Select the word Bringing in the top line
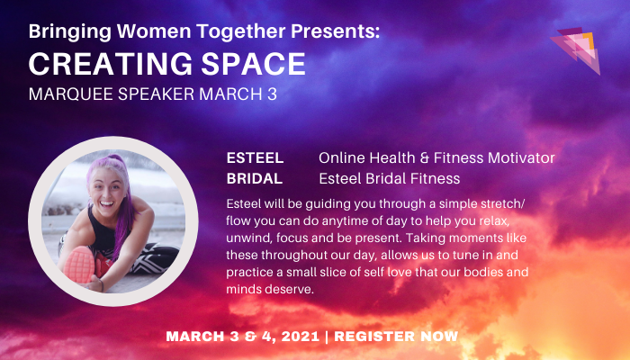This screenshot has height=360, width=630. pyautogui.click(x=67, y=32)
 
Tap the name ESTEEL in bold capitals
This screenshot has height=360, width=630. pyautogui.click(x=256, y=158)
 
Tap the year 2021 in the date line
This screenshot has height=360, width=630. pyautogui.click(x=297, y=337)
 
